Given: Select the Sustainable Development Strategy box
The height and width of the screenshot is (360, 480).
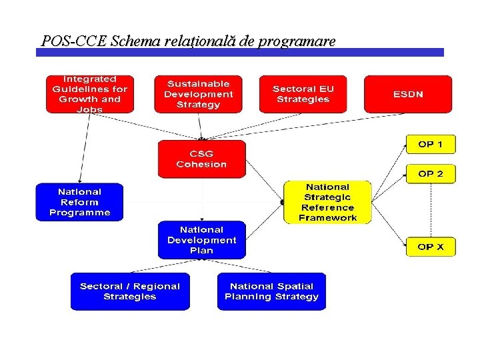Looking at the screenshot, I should coord(198,94).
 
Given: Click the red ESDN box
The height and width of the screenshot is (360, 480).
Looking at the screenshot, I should coord(407,94).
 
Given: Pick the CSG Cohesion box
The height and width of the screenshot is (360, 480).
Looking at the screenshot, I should coord(201,159).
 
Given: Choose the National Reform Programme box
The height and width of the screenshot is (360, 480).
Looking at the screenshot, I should coord(79,202).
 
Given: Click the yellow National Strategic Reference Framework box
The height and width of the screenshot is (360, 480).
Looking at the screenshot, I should coord(327,202).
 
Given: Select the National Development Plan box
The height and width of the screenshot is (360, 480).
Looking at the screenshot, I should coord(201,240).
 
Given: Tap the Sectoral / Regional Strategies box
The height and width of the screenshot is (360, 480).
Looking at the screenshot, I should coord(130,291).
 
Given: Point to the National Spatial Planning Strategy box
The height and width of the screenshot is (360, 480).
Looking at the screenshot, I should coord(271,291).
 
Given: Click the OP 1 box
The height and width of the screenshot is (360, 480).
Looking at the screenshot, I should coord(431,144).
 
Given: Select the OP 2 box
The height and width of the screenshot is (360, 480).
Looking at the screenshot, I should coord(431,174).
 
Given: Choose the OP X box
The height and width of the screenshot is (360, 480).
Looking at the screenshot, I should coord(431,247).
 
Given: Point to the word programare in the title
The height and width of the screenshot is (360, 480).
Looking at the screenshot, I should coord(297,41).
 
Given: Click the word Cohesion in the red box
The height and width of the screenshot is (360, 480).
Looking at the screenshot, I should coord(201,164).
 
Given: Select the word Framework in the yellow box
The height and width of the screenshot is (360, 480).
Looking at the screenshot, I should coord(327,217).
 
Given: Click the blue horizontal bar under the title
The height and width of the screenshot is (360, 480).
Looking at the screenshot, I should coord(240,52).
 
